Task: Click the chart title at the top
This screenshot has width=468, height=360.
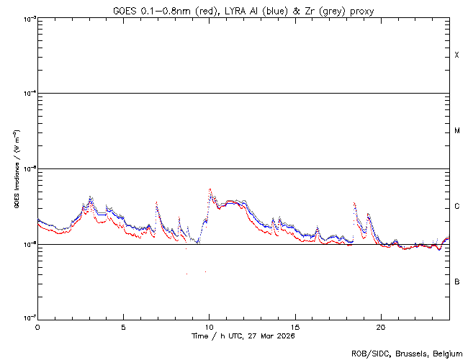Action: [x=243, y=11]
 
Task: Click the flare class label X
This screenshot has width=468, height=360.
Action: [x=456, y=55]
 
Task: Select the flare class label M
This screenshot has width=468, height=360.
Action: [x=456, y=131]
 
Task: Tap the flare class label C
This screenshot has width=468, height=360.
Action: [x=456, y=207]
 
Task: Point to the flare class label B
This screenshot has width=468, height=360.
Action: [x=456, y=282]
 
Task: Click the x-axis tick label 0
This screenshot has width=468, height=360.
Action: [x=37, y=326]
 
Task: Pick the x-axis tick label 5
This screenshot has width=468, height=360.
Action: [x=123, y=326]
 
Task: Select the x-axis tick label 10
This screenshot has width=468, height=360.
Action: [x=209, y=326]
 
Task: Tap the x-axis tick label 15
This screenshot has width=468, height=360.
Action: [x=295, y=326]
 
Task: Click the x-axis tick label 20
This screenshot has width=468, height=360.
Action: [x=381, y=326]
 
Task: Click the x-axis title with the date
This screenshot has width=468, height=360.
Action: [x=243, y=336]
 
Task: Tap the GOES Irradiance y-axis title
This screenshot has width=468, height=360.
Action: [x=16, y=169]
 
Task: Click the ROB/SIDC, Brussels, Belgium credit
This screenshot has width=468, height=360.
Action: [x=408, y=353]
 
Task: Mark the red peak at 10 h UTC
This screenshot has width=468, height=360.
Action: [x=210, y=189]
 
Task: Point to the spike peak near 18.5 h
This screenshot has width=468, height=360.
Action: [x=354, y=204]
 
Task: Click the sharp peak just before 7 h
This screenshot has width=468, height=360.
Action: [x=156, y=203]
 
